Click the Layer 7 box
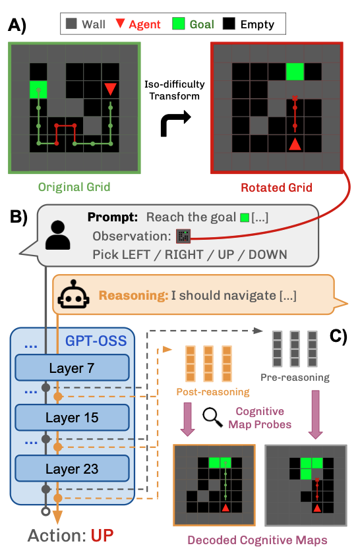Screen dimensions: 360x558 click(x=72, y=368)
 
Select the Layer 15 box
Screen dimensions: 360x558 click(x=72, y=418)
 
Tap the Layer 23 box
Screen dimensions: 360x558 click(x=72, y=468)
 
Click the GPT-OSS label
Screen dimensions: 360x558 click(x=96, y=341)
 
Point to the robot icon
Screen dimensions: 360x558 click(x=73, y=294)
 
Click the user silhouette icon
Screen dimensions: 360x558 click(x=57, y=235)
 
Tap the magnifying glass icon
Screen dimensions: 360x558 click(x=212, y=418)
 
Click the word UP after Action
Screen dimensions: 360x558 click(x=102, y=536)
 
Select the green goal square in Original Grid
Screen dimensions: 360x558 click(x=38, y=90)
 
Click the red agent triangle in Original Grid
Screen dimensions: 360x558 click(x=110, y=89)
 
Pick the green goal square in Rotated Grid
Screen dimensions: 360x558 click(x=295, y=72)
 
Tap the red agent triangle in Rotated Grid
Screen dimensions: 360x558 click(x=295, y=144)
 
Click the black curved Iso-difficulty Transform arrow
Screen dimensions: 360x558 click(x=175, y=123)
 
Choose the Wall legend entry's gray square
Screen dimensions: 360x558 click(x=71, y=24)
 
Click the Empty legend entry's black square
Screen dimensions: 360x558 click(x=229, y=24)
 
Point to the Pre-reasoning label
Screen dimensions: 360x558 click(x=295, y=377)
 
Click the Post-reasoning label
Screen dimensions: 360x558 click(x=213, y=392)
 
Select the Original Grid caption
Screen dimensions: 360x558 click(x=74, y=187)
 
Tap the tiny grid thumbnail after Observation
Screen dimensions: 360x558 click(x=183, y=236)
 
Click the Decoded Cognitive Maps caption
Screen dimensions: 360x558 click(x=257, y=540)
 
